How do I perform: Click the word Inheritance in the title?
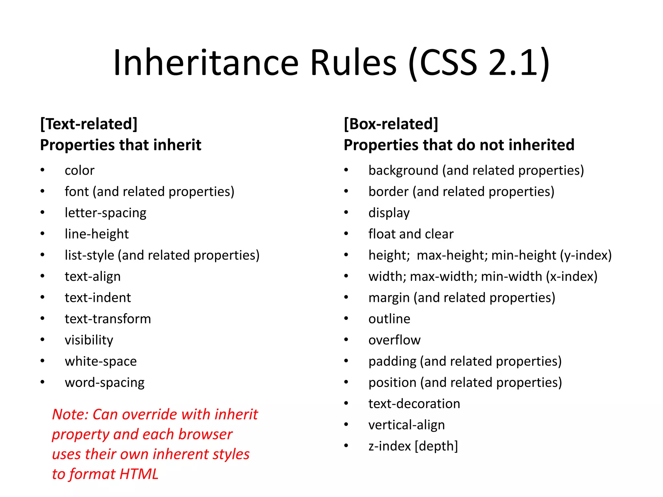tap(206, 62)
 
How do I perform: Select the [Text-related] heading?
tap(89, 124)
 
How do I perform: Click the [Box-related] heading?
tap(391, 124)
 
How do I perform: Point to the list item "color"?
tap(80, 171)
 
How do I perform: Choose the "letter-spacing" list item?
tap(106, 213)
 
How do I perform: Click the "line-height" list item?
tap(97, 234)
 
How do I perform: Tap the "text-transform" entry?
tap(108, 319)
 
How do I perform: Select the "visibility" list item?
tap(89, 340)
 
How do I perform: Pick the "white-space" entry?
tap(101, 361)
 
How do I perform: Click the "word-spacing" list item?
tap(105, 382)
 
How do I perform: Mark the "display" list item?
tap(389, 213)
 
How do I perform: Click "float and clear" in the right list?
tap(411, 234)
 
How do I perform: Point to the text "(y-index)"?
tap(586, 255)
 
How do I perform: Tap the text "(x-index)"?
tap(572, 277)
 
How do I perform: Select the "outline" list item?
tap(389, 319)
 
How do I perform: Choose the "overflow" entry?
tap(394, 340)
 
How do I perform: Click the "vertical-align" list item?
tap(407, 425)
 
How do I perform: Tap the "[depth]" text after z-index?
tap(436, 446)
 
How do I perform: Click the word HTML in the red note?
tap(139, 474)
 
